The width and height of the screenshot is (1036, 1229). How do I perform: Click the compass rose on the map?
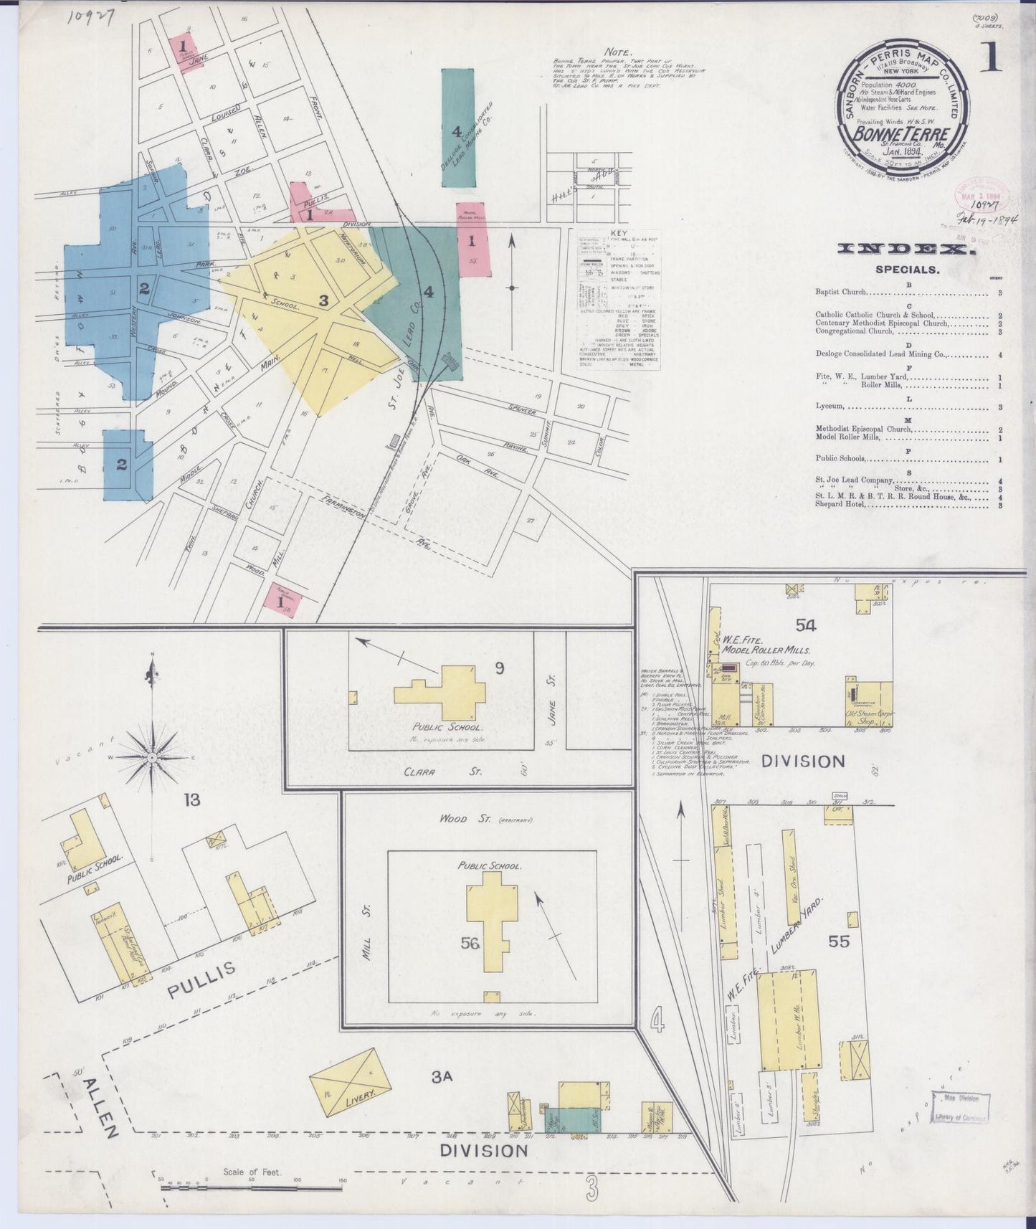click(x=152, y=757)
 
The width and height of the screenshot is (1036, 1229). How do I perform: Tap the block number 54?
click(x=805, y=625)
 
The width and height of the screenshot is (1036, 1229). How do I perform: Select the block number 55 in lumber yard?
click(x=839, y=941)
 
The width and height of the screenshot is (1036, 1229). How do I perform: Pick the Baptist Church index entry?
click(x=841, y=293)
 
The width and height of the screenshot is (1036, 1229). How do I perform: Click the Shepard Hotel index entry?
click(x=841, y=504)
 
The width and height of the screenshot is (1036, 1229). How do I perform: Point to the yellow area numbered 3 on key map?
click(x=323, y=301)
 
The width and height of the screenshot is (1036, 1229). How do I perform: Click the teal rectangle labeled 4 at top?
click(x=457, y=129)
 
